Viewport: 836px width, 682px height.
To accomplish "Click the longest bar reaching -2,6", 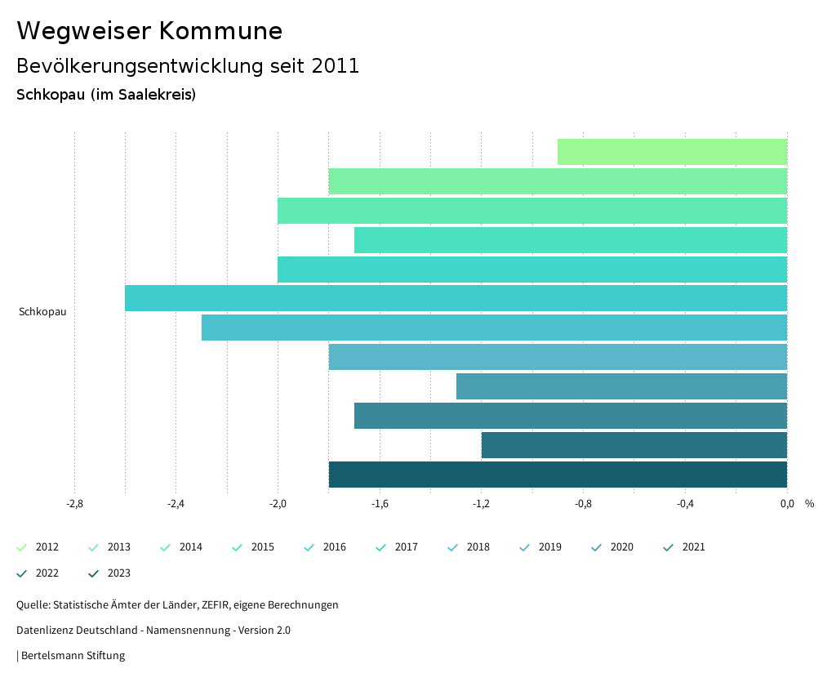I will point(456,298).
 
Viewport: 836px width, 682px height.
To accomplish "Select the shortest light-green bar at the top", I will point(672,152).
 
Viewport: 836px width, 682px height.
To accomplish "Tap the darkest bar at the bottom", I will point(558,475).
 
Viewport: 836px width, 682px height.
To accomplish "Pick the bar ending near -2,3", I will point(494,328).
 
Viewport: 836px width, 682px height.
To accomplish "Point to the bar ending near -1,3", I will point(621,386).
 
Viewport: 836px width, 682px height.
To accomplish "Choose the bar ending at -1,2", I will point(634,445).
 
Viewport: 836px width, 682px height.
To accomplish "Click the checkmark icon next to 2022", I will point(22,573).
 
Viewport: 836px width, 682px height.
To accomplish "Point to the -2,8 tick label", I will point(74,504).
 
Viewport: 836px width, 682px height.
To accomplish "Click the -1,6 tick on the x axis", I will point(380,504).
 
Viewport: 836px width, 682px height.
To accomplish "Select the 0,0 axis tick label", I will point(787,504).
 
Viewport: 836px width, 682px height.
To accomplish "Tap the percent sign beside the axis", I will point(809,504).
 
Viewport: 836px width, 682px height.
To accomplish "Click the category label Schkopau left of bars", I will point(42,312).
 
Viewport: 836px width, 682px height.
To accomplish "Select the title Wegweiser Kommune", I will point(149,31).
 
